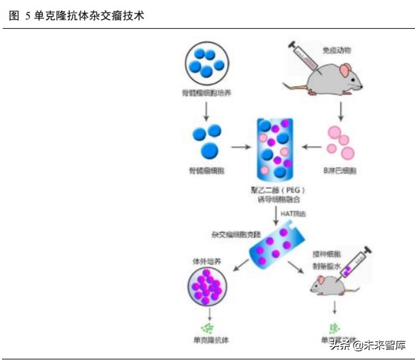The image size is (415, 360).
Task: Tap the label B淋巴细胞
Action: pyautogui.click(x=340, y=171)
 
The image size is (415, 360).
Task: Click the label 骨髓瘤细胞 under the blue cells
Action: pyautogui.click(x=207, y=171)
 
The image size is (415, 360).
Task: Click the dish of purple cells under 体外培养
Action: pyautogui.click(x=207, y=285)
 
